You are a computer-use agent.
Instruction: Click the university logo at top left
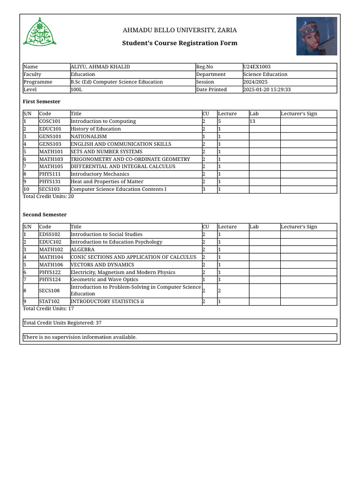[x=40, y=32]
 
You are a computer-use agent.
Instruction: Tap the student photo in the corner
[x=316, y=36]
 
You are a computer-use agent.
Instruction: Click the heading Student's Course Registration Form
[x=180, y=43]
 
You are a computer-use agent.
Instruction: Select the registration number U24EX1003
[x=256, y=67]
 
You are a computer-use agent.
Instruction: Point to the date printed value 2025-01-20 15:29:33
[x=267, y=90]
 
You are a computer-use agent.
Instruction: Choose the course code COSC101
[x=50, y=121]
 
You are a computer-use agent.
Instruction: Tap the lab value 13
[x=252, y=121]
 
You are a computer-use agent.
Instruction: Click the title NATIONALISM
[x=89, y=136]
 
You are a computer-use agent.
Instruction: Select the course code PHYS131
[x=49, y=182]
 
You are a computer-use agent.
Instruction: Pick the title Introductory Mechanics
[x=100, y=174]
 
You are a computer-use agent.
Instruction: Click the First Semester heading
[x=42, y=102]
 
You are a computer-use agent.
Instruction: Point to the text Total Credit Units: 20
[x=48, y=197]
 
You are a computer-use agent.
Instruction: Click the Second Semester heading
[x=45, y=215]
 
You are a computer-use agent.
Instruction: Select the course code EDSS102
[x=50, y=234]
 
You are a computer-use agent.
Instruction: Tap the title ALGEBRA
[x=82, y=250]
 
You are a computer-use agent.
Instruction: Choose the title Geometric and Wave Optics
[x=105, y=280]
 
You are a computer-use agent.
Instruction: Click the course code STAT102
[x=49, y=301]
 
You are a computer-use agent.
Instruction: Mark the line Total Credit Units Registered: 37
[x=63, y=323]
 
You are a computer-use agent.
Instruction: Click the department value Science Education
[x=265, y=75]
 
